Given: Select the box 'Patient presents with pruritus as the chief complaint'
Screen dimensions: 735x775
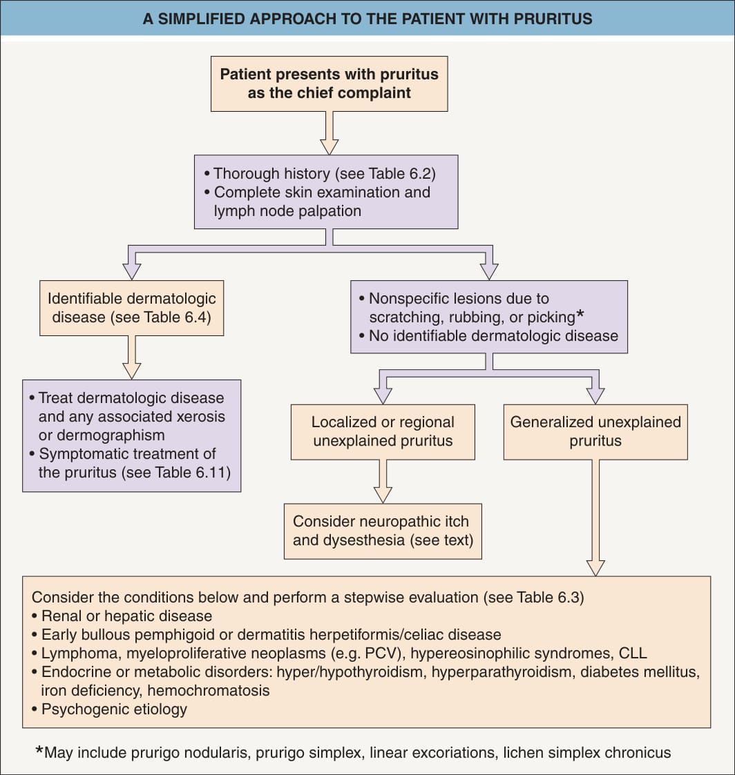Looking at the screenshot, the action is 330,84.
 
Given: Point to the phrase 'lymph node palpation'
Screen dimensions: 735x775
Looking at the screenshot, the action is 287,211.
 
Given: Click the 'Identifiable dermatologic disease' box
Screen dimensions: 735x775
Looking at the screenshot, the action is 131,308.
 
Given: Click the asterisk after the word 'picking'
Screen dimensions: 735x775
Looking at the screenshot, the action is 580,315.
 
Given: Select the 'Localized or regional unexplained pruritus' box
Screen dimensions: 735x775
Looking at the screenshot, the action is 383,432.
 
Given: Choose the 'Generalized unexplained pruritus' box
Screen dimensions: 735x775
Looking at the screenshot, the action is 595,432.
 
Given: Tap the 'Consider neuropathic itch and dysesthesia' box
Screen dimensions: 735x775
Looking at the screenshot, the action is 383,531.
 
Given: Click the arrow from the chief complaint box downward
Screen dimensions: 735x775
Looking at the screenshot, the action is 330,133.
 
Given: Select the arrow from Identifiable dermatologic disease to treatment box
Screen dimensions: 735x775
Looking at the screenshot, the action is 131,357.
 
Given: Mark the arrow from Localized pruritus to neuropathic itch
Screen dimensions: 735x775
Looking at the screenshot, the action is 383,482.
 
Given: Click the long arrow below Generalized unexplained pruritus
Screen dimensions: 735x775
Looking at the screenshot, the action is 595,518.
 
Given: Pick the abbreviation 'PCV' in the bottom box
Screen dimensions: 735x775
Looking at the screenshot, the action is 381,654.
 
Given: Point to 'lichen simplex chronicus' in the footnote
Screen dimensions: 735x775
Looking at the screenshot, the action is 587,753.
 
